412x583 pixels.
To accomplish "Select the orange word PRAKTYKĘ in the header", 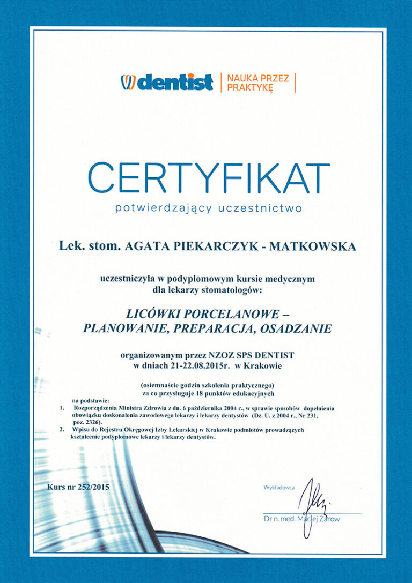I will tap(249, 87).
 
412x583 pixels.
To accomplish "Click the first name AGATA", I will tap(142, 246).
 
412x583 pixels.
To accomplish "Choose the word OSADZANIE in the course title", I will tap(295, 328).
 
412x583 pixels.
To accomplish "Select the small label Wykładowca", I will tap(279, 487).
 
